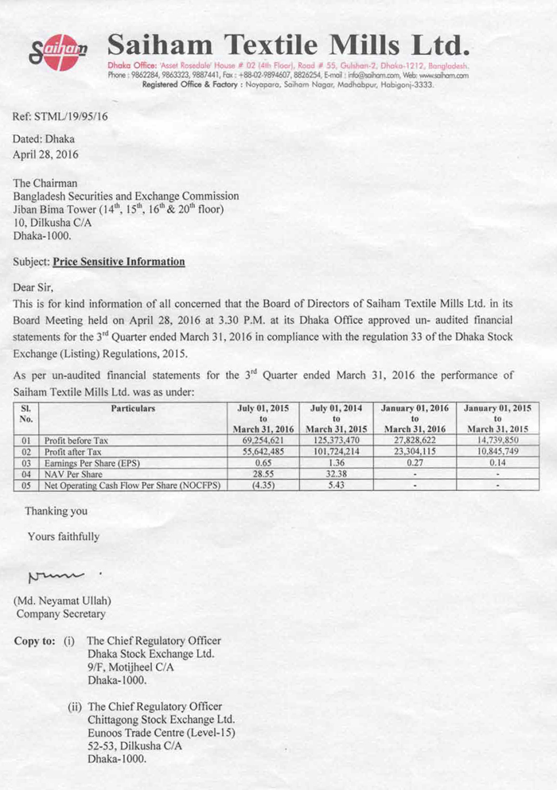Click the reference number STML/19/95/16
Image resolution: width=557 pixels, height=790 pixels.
pyautogui.click(x=60, y=117)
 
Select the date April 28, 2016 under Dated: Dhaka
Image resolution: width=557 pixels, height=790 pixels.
pyautogui.click(x=46, y=154)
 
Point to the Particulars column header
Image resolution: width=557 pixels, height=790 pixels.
pyautogui.click(x=133, y=408)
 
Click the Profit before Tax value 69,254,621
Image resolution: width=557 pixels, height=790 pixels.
pyautogui.click(x=263, y=440)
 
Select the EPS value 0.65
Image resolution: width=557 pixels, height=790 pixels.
pyautogui.click(x=263, y=462)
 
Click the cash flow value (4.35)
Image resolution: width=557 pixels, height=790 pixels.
pyautogui.click(x=263, y=485)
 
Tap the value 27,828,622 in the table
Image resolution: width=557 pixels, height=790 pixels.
pyautogui.click(x=415, y=440)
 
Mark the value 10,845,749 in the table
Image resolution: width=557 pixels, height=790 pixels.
pyautogui.click(x=497, y=451)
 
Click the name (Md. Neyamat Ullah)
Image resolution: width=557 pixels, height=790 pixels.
pyautogui.click(x=63, y=601)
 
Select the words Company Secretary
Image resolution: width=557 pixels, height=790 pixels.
pyautogui.click(x=60, y=613)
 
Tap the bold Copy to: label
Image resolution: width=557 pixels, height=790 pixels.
pyautogui.click(x=35, y=641)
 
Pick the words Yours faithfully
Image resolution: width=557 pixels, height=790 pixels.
pyautogui.click(x=63, y=536)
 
